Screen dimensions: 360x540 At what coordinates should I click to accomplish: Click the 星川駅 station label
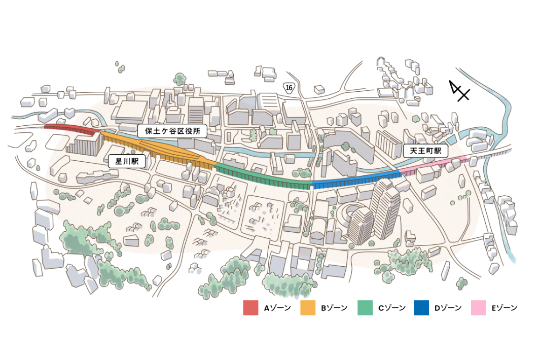tap(127, 161)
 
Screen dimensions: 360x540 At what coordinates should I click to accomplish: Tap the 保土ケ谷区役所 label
tap(172, 131)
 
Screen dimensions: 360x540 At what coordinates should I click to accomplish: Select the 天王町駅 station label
tap(426, 151)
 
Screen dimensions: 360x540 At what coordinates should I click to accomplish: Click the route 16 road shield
tap(289, 88)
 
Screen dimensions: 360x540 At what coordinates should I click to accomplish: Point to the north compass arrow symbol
tap(459, 91)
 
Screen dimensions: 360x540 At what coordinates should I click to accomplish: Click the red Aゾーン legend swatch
tap(250, 308)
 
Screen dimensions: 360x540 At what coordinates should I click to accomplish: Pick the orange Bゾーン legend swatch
tap(308, 308)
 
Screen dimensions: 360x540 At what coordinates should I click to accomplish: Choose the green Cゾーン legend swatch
tap(365, 308)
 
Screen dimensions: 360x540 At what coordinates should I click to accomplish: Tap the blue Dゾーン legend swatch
tap(422, 308)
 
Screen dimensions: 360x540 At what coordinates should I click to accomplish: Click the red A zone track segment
tap(71, 129)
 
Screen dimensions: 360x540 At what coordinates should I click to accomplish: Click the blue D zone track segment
tap(355, 179)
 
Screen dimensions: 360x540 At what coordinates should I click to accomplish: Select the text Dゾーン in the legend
tap(448, 308)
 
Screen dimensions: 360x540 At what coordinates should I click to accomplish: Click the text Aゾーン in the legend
tap(277, 308)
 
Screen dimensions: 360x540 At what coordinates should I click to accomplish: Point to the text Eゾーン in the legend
tap(504, 308)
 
